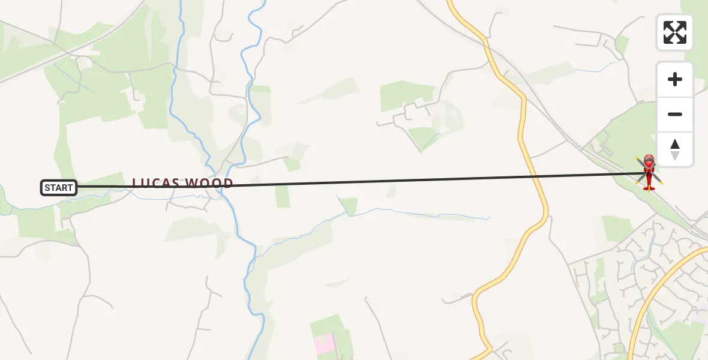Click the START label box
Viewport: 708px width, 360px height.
[x=59, y=188]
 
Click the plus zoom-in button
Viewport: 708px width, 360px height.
[x=675, y=80]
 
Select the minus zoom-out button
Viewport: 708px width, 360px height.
[x=675, y=114]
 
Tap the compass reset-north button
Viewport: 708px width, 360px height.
[x=675, y=149]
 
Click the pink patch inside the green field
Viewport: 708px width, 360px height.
[x=325, y=343]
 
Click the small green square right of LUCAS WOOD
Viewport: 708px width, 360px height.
[x=283, y=196]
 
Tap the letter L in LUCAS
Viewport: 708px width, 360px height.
[x=136, y=182]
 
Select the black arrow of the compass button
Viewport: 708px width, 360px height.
[x=675, y=145]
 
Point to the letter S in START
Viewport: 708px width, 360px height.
[x=47, y=188]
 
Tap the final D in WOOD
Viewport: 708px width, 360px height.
[x=229, y=182]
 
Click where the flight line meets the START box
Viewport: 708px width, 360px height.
[x=77, y=187]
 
